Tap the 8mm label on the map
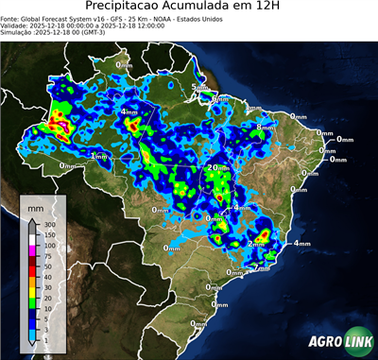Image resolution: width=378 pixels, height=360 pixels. (266, 128)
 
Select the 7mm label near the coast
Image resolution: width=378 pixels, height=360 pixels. (262, 268)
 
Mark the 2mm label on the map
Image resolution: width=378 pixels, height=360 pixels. (256, 244)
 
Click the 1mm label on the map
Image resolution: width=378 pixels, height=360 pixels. (98, 156)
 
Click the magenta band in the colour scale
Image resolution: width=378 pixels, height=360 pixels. (33, 251)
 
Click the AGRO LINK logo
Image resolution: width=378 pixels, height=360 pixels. (341, 342)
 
